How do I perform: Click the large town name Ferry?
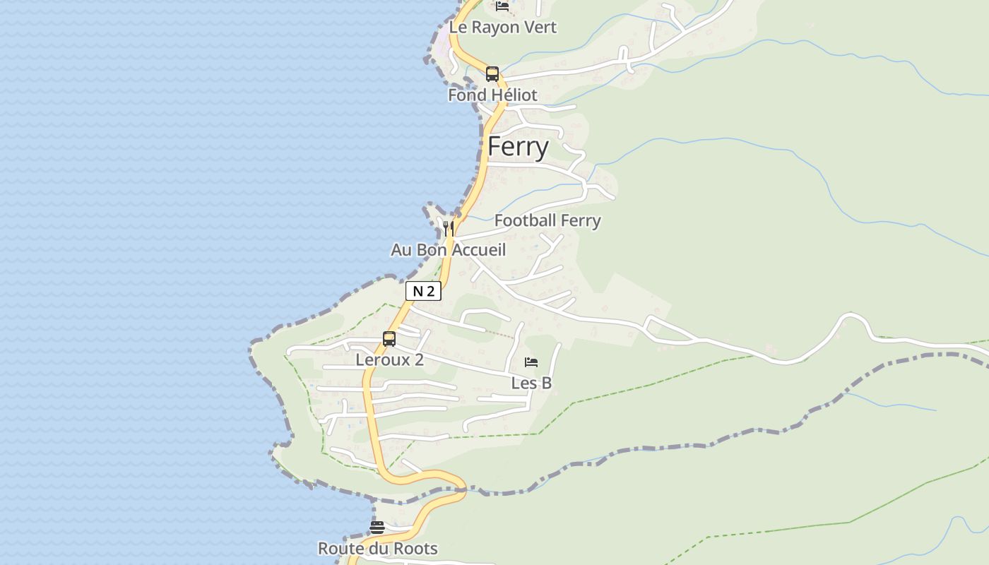tap(518, 147)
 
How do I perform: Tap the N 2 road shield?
tap(423, 291)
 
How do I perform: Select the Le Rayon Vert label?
tap(503, 28)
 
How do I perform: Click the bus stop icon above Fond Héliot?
tap(492, 74)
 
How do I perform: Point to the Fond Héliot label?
tap(492, 95)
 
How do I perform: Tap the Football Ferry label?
tap(547, 220)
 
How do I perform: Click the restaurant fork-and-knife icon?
tap(449, 228)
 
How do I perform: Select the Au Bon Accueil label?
tap(449, 250)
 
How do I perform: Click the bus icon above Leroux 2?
tap(389, 339)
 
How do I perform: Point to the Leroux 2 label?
tap(389, 359)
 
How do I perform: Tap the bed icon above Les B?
tap(531, 362)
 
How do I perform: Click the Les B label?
tap(531, 383)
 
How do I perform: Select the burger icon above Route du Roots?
tap(377, 528)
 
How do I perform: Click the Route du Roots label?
tap(377, 548)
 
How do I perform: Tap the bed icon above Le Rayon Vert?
tap(502, 6)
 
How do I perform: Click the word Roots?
tap(415, 548)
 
